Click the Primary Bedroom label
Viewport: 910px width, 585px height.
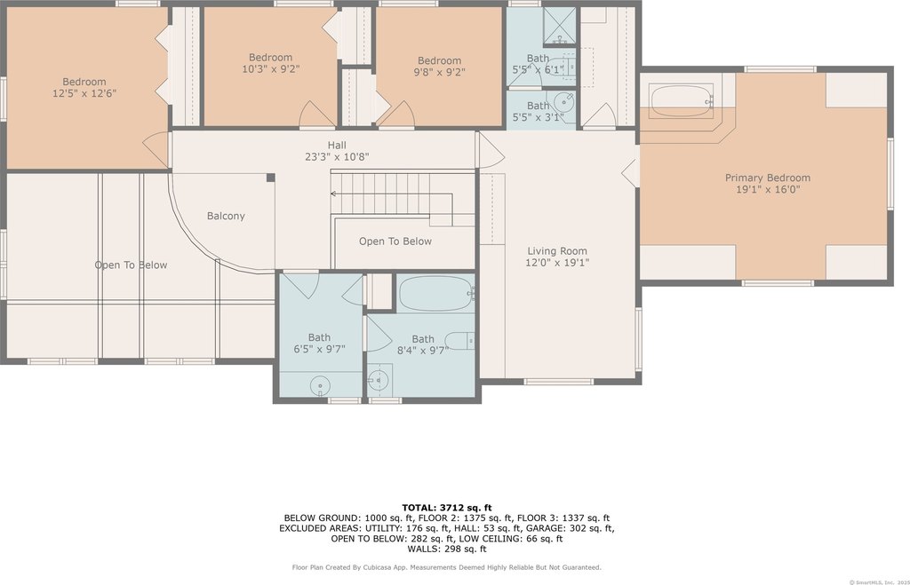coord(767,178)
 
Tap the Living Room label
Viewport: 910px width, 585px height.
coord(557,251)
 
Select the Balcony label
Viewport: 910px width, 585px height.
coord(226,217)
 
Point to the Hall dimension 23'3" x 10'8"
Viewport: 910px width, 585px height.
coord(337,156)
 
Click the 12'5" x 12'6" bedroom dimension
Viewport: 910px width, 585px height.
coord(84,92)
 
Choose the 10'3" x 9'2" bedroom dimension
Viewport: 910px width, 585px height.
coord(270,69)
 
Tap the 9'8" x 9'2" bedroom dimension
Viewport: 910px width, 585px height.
coord(439,72)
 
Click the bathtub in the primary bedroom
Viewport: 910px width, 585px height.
coord(681,101)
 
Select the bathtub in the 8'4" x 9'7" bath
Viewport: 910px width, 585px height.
coord(436,293)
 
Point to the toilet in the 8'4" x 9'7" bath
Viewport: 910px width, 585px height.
coord(460,340)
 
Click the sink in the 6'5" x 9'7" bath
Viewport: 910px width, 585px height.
coord(320,385)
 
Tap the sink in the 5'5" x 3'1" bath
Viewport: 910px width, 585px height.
coord(564,102)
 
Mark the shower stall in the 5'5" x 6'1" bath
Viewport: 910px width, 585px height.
coord(560,26)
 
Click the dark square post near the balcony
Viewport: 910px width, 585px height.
coord(270,178)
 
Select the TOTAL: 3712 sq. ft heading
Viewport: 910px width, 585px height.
coord(447,508)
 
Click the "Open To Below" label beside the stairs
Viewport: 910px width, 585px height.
coord(395,241)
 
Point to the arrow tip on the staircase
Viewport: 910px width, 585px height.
coord(332,194)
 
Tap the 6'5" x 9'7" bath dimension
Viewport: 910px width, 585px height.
coord(319,349)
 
